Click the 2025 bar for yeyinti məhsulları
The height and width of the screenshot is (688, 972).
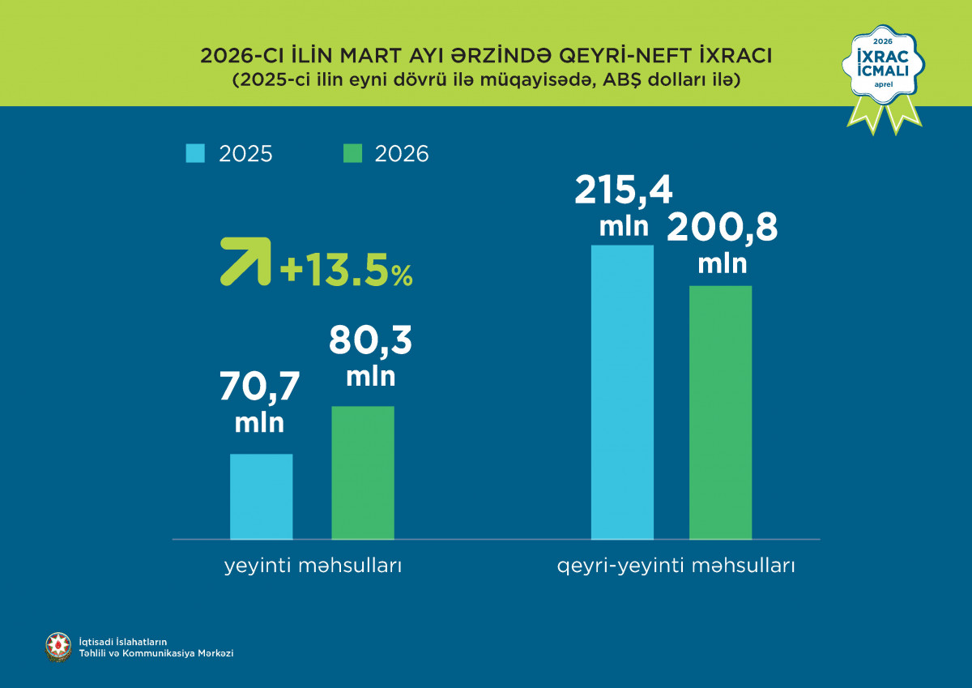tap(261, 496)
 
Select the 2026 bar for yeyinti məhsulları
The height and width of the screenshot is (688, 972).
tap(363, 472)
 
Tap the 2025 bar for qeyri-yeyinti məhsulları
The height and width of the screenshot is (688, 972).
tap(622, 392)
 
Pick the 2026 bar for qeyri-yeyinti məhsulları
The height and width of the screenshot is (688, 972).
tap(720, 412)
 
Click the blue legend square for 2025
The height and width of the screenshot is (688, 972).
tap(195, 154)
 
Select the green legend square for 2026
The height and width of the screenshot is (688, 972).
tap(352, 154)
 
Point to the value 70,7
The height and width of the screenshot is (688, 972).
tap(259, 387)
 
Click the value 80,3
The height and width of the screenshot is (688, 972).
tap(370, 341)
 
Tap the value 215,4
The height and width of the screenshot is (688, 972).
tap(624, 191)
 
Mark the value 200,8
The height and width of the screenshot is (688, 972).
tap(722, 228)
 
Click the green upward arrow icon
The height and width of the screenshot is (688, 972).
tap(245, 260)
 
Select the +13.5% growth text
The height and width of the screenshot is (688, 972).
tap(346, 271)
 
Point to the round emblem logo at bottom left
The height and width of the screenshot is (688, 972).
tap(58, 647)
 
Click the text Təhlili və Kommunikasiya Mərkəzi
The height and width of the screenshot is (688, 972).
tap(156, 653)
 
